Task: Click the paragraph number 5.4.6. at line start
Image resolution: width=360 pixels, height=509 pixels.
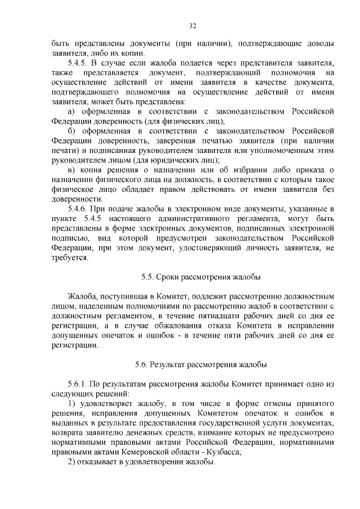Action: pyautogui.click(x=79, y=208)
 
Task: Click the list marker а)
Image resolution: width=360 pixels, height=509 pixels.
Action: pyautogui.click(x=71, y=111)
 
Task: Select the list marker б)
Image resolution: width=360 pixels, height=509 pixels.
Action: pyautogui.click(x=71, y=131)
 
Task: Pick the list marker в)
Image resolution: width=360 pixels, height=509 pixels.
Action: pyautogui.click(x=71, y=170)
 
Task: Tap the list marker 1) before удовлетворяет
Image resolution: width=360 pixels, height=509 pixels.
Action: pyautogui.click(x=71, y=404)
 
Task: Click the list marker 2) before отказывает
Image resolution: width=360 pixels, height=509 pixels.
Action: pyautogui.click(x=71, y=462)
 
